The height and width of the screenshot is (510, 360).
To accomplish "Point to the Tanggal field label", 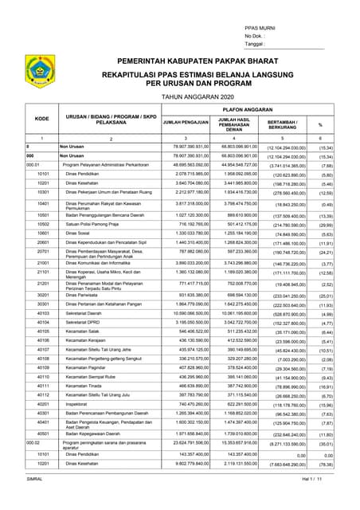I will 258,45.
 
